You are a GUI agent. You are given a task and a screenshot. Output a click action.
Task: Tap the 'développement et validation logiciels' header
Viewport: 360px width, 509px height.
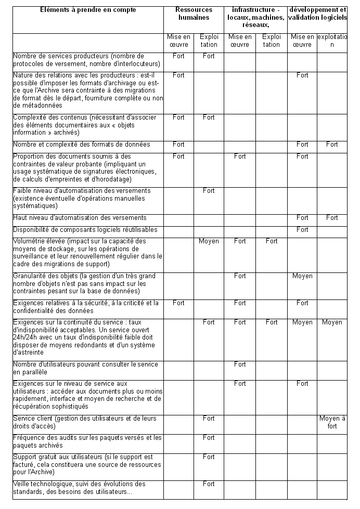(317, 14)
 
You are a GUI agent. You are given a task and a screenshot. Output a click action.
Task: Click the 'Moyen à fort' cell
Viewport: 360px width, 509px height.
(332, 422)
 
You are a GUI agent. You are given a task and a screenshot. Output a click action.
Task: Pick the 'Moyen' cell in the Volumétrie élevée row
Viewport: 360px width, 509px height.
(209, 241)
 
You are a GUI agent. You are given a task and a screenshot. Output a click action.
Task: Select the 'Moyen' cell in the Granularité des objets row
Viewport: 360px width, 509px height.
(302, 276)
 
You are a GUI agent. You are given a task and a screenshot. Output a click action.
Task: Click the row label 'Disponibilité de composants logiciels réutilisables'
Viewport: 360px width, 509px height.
(85, 230)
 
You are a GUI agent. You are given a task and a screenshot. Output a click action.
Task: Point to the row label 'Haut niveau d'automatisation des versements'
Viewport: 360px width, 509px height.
(80, 218)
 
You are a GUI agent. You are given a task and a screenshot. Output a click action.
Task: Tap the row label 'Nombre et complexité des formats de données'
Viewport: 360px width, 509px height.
(80, 145)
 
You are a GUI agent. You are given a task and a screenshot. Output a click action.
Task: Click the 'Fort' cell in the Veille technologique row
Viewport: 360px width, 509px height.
(209, 484)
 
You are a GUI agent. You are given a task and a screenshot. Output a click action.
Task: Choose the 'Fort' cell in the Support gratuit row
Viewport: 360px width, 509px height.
(209, 457)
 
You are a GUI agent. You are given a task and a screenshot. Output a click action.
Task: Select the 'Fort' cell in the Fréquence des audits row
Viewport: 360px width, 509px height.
(209, 438)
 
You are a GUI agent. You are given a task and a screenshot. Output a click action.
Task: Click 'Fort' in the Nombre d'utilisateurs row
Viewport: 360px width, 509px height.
(240, 364)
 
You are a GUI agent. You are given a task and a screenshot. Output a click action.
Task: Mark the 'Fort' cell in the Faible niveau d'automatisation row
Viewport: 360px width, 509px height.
(209, 191)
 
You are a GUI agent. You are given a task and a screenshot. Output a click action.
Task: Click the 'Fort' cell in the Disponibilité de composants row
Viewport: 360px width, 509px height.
(302, 230)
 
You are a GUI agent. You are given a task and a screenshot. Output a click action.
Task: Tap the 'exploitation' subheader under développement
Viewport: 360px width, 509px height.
(332, 41)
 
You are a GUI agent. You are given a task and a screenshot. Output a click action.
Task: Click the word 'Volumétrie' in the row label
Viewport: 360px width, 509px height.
(29, 241)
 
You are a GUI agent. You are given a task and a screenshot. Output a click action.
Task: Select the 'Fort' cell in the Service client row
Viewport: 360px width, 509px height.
(209, 419)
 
